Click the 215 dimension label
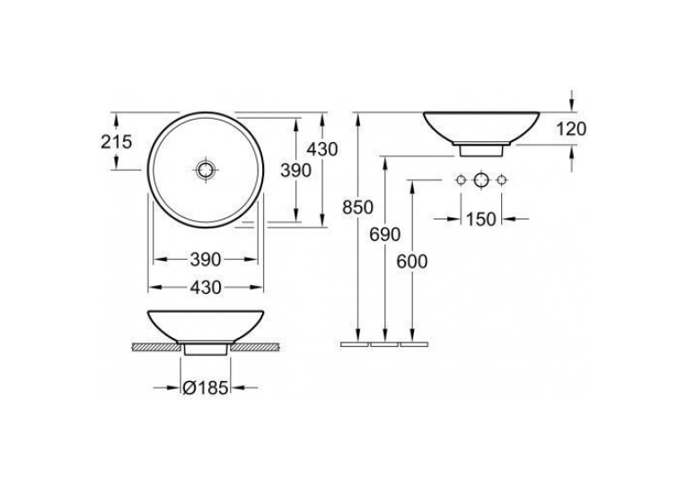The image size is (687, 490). [116, 142]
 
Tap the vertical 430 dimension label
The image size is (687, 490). [322, 149]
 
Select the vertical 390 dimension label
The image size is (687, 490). [295, 170]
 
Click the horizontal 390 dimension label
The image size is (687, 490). [206, 260]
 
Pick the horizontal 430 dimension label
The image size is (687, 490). [206, 288]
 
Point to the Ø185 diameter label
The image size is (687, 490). [206, 388]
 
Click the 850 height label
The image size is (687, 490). [358, 208]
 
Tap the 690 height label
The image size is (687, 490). [384, 235]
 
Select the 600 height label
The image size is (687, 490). [412, 262]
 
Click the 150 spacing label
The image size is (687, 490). [480, 218]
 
